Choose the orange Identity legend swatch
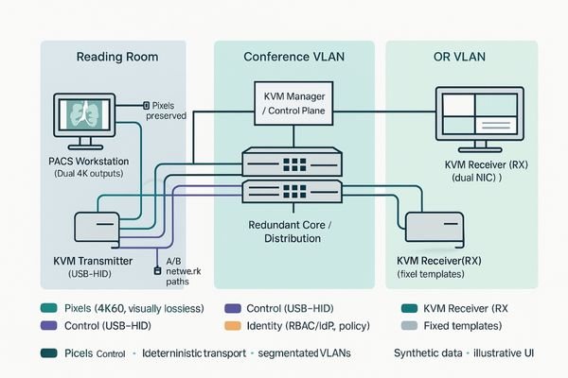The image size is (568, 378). point(229,326)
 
